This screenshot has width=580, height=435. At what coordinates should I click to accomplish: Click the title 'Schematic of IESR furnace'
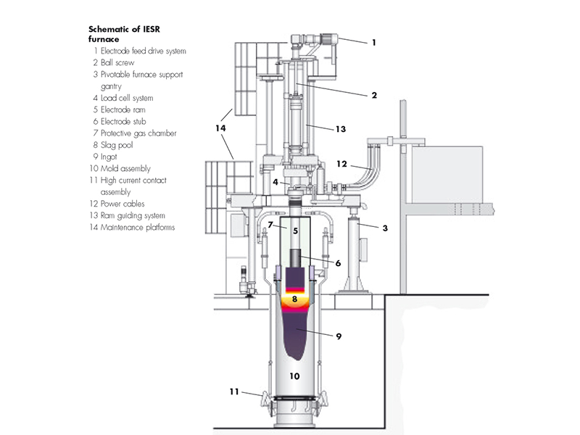[x=124, y=34]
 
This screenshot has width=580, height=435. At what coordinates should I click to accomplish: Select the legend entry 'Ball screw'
[x=114, y=62]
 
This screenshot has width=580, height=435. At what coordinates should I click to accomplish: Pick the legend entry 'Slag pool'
[x=113, y=145]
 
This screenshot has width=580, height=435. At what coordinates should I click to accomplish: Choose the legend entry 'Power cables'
[x=117, y=204]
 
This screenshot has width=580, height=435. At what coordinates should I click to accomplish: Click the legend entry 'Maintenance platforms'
[x=132, y=227]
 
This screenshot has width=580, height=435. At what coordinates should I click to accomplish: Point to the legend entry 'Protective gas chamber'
[x=135, y=133]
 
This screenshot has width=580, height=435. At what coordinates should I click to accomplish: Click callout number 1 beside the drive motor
[x=374, y=43]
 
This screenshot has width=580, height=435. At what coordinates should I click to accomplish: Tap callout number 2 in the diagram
[x=374, y=96]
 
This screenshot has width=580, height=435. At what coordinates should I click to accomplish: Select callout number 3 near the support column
[x=385, y=228]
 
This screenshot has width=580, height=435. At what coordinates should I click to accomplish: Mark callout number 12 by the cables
[x=341, y=164]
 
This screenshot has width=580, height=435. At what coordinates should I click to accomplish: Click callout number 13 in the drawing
[x=340, y=129]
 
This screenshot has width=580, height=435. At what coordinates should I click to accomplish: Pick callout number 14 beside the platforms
[x=220, y=128]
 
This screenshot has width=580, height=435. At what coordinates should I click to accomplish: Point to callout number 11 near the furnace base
[x=234, y=391]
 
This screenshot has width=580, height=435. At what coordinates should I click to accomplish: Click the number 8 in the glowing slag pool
[x=294, y=299]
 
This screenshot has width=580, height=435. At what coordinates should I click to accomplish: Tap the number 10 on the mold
[x=294, y=376]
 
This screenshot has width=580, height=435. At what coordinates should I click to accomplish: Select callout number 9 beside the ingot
[x=339, y=336]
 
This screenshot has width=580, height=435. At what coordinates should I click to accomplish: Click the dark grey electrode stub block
[x=295, y=258]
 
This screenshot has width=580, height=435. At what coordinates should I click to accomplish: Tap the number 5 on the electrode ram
[x=295, y=231]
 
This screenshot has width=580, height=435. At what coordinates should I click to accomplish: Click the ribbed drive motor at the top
[x=329, y=39]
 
